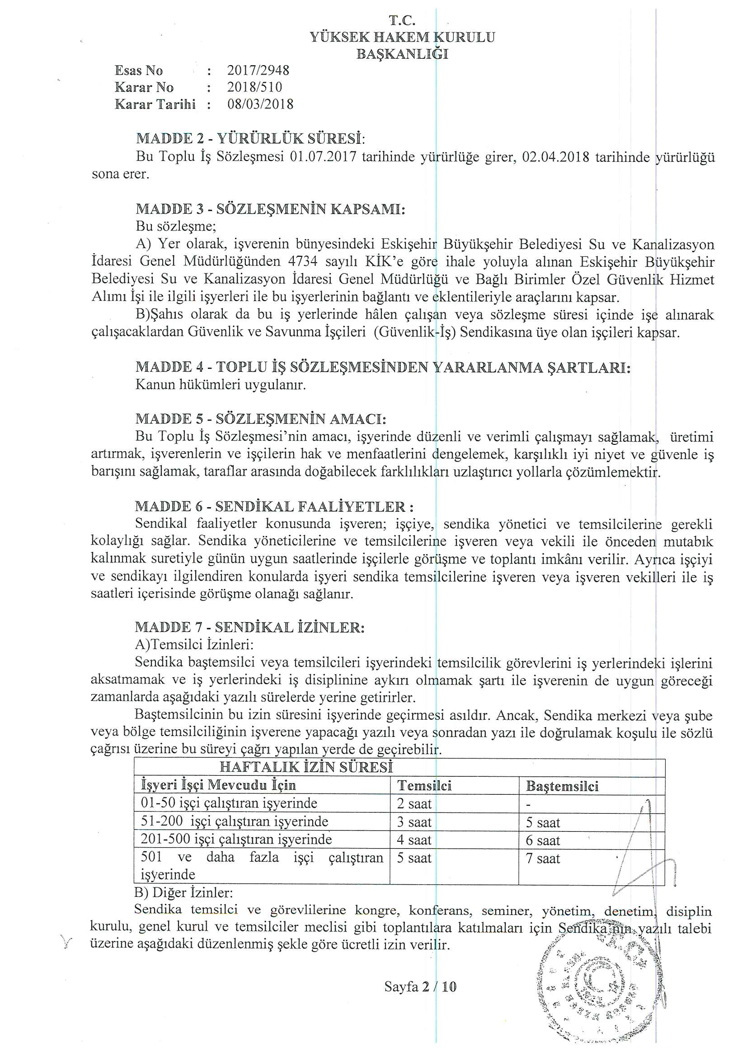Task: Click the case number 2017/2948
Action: click(258, 71)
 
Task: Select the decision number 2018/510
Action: click(254, 87)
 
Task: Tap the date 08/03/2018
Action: click(260, 104)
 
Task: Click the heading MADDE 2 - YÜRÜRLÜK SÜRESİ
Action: click(250, 139)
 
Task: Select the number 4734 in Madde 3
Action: click(303, 261)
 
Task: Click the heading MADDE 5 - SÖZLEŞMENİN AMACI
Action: click(260, 419)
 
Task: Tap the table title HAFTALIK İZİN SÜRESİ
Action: click(306, 767)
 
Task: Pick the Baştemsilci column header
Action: click(562, 786)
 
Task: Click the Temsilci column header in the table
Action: click(424, 785)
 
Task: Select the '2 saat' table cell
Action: click(414, 804)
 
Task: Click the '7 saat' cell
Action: click(543, 859)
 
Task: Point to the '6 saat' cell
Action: click(543, 840)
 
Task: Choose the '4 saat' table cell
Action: click(414, 840)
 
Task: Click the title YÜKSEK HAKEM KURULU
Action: click(402, 37)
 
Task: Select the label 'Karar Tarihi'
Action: click(155, 104)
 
